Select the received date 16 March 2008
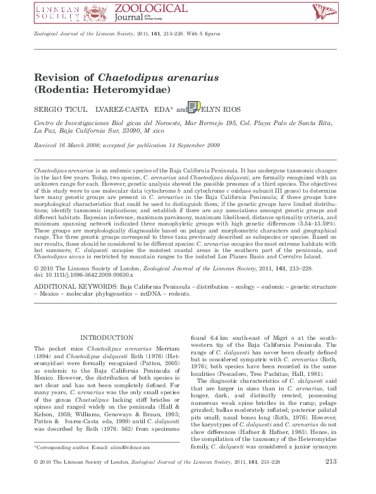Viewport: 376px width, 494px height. pyautogui.click(x=76, y=145)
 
